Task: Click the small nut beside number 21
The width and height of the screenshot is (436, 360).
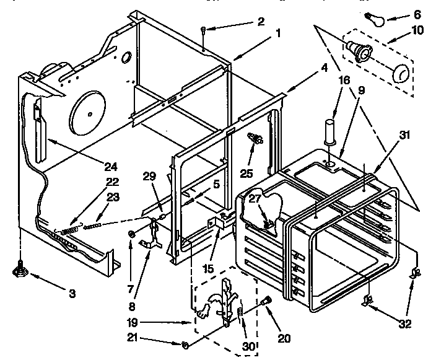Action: [x=185, y=344]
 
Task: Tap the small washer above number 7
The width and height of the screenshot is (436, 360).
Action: [x=131, y=234]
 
